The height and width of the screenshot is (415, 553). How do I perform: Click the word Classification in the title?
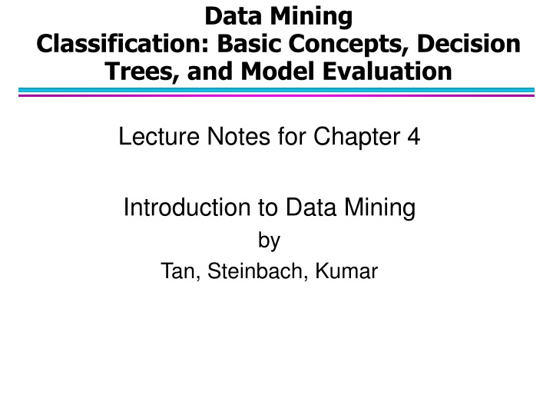coord(115,43)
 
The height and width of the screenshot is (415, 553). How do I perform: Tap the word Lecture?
coord(153,139)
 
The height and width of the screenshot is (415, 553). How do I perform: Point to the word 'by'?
coord(269,241)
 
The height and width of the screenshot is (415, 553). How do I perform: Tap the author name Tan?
coord(177,271)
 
